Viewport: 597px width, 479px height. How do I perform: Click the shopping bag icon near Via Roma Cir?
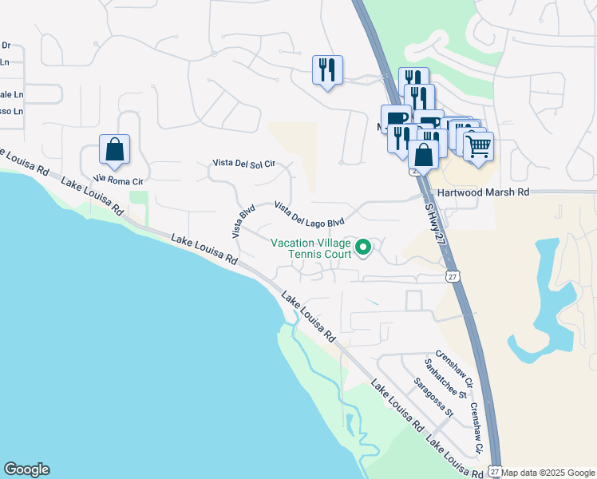(115, 149)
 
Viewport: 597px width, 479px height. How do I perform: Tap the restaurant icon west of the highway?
(327, 70)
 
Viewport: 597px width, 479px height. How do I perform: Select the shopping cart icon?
(478, 146)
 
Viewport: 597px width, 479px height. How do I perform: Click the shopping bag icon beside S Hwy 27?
(423, 154)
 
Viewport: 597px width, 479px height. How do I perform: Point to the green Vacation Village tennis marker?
(364, 247)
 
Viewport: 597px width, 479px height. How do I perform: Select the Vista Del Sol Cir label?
(243, 163)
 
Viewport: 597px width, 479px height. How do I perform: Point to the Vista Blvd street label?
(243, 221)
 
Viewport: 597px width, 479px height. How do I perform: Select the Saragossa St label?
(433, 398)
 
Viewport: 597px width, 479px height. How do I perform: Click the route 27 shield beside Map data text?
(494, 472)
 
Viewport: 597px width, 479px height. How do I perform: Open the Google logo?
(26, 469)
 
